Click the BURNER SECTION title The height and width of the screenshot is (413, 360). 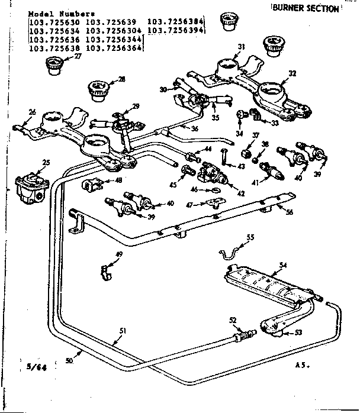pos(306,8)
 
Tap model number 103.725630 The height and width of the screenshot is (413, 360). pos(54,22)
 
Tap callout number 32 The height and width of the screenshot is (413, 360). pos(292,73)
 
